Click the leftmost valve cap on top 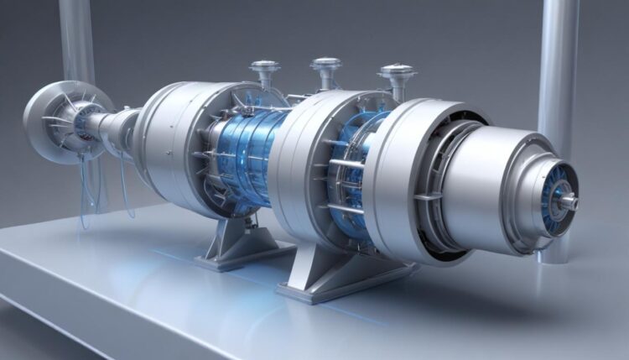[265, 65]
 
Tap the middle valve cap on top [325, 63]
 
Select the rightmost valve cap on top [396, 70]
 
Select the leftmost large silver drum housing [168, 134]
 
